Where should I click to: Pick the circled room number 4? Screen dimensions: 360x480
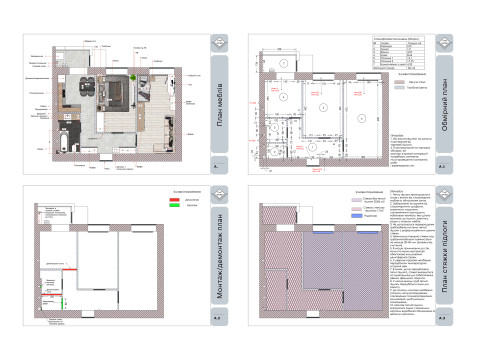point(285,63)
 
